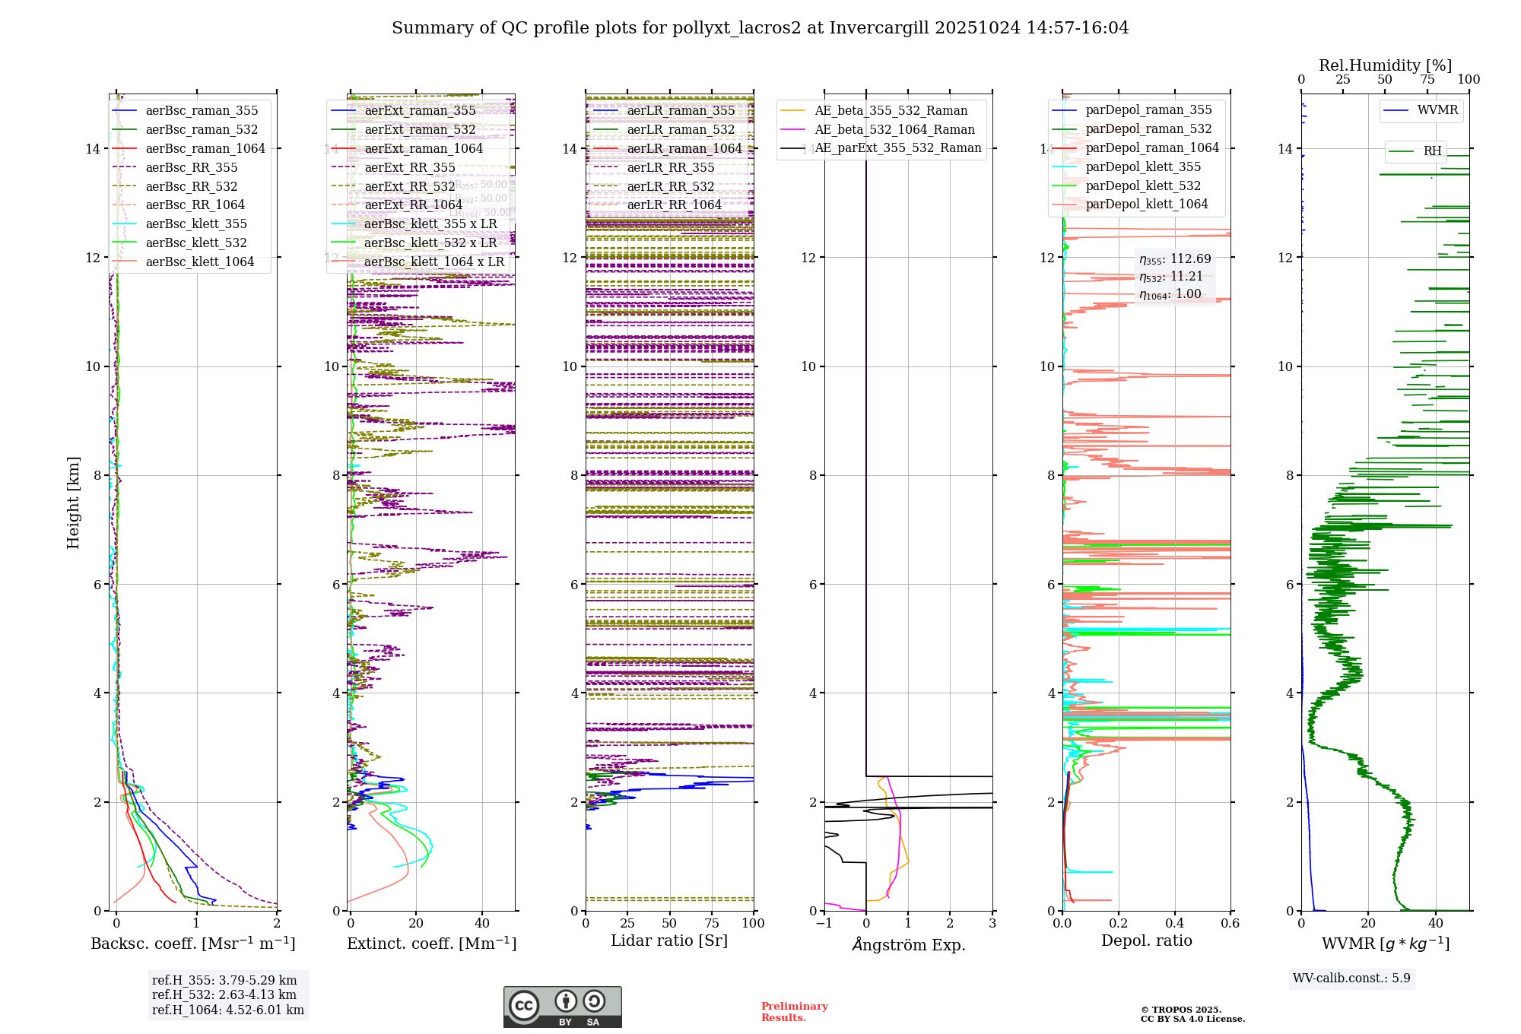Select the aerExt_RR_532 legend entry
coord(409,186)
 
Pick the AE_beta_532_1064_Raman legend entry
coord(894,129)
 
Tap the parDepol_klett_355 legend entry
coord(1143,167)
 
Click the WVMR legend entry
coord(1437,110)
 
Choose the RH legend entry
coord(1432,151)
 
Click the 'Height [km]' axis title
coord(73,503)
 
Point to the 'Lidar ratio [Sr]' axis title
coord(669,940)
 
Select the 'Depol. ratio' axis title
coord(1146,940)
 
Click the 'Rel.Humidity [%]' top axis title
coord(1385,65)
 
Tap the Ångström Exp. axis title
coord(908,944)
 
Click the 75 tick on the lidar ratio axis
coord(712,923)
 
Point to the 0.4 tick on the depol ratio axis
coord(1174,923)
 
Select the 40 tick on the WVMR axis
coord(1436,923)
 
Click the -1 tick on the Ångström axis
coord(824,923)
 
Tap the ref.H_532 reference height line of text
coord(224,994)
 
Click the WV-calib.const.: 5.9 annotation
coord(1351,978)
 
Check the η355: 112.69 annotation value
coord(1175,259)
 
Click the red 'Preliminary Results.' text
coord(794,1011)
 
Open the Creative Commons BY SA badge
coord(562,1007)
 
